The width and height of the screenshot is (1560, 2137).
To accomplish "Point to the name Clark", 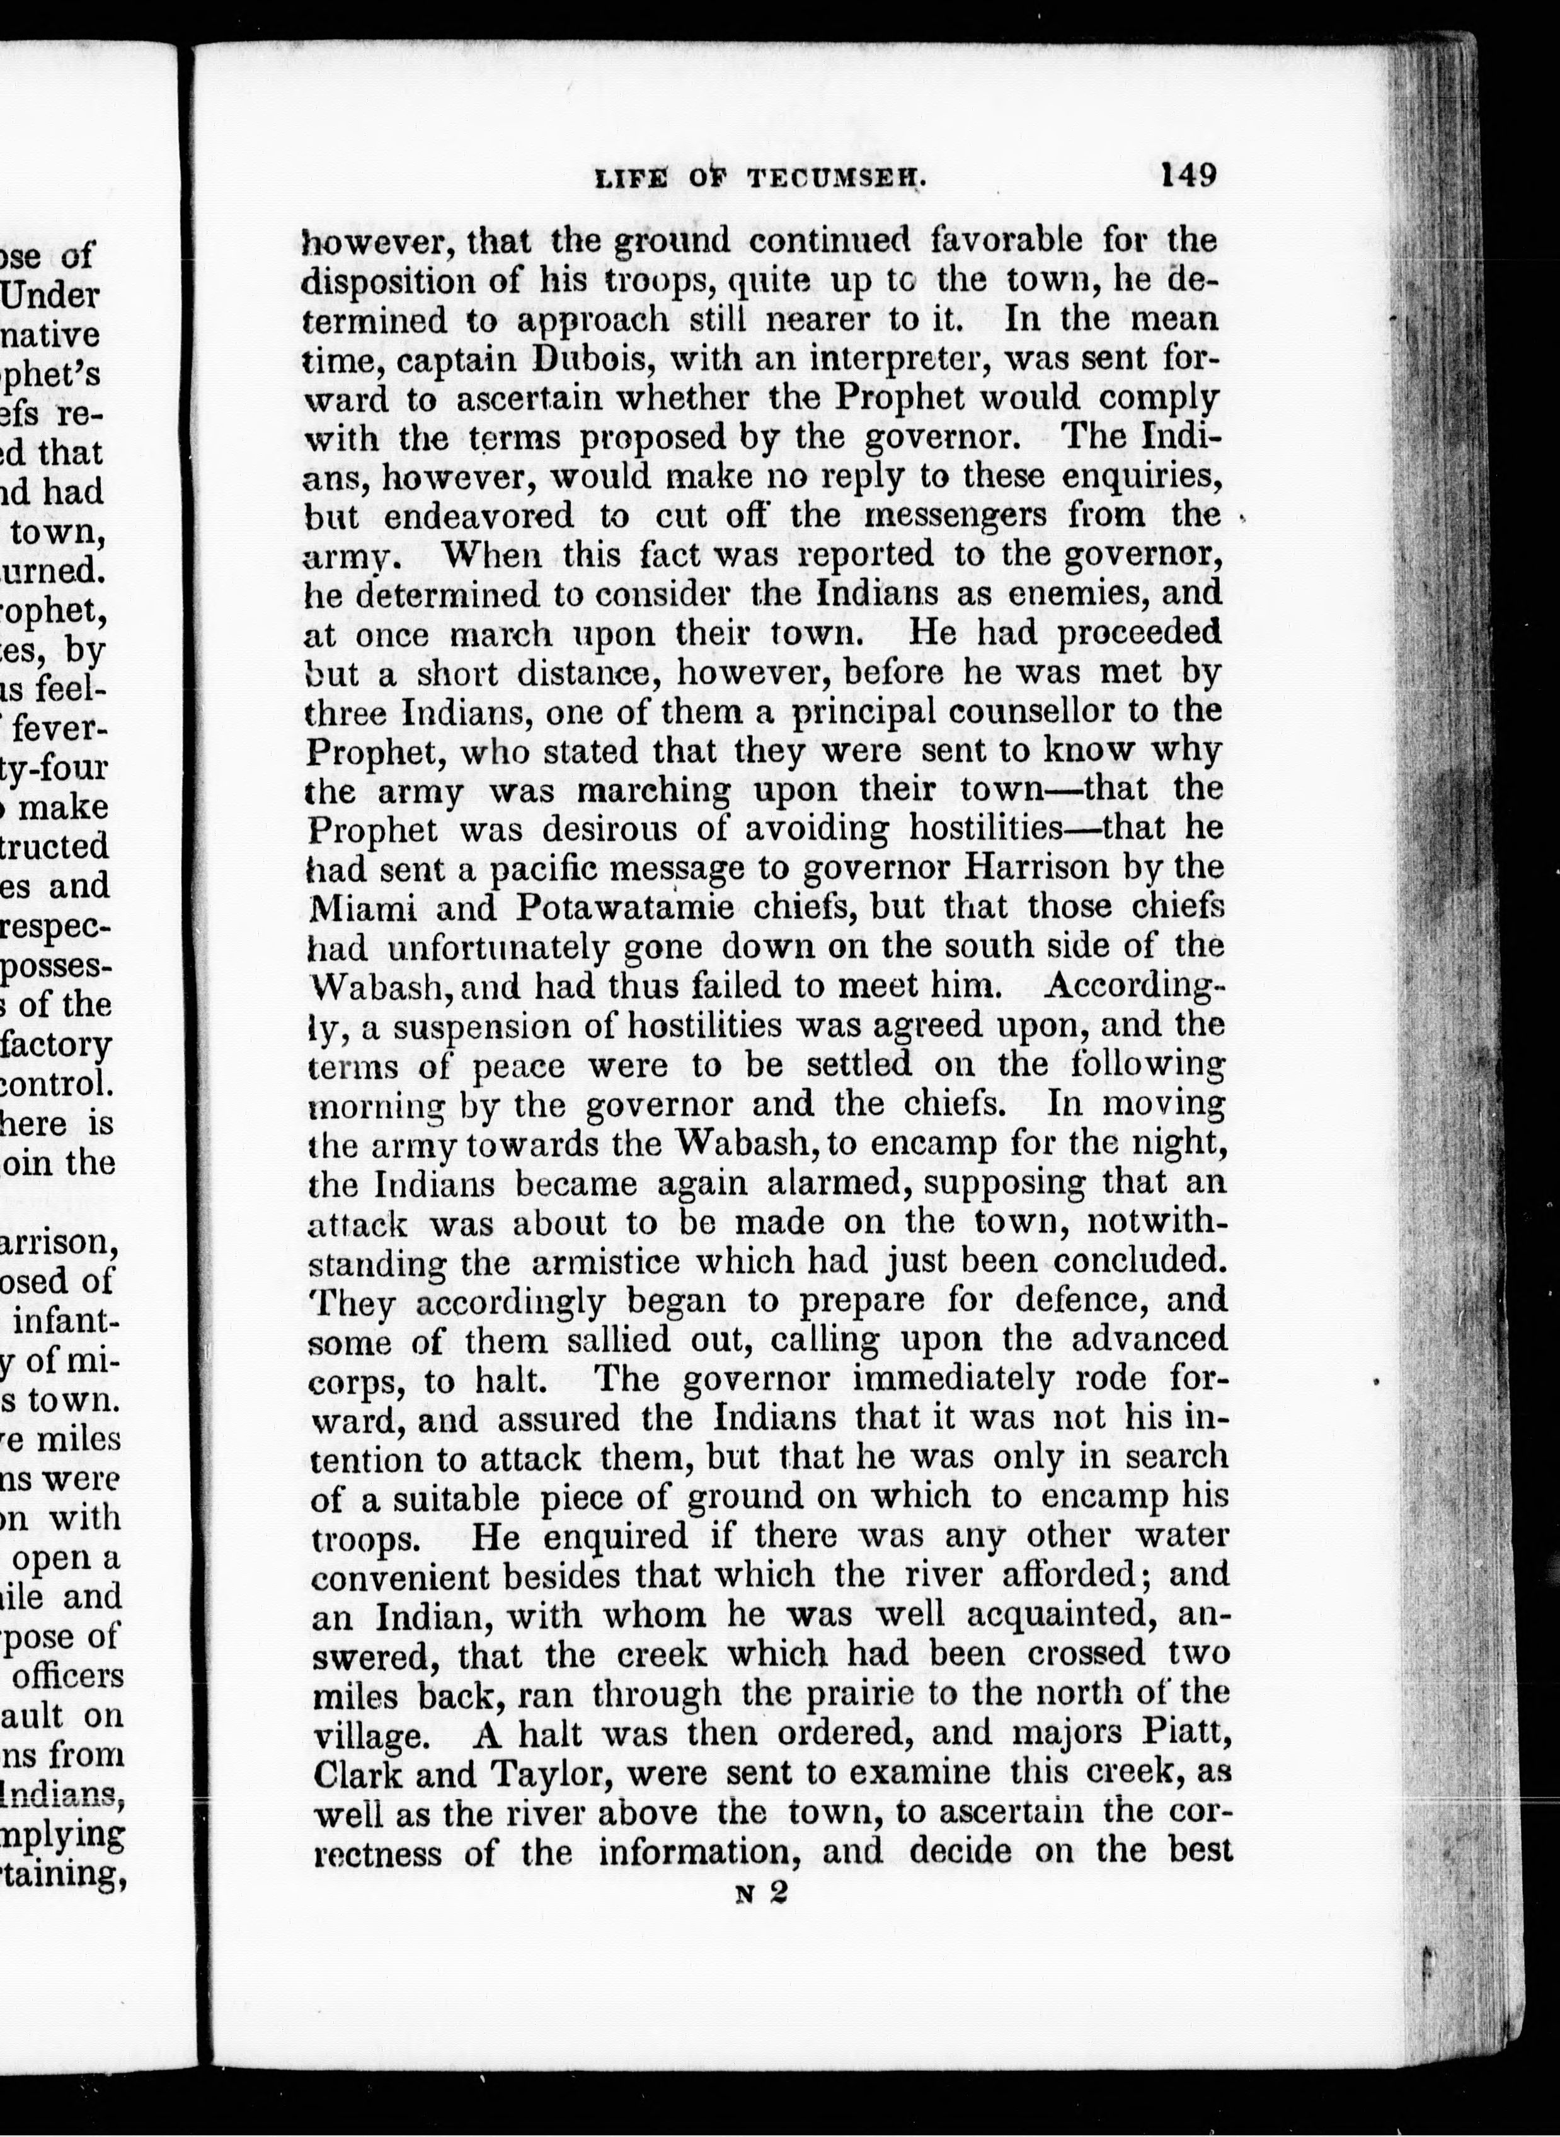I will coord(354,1773).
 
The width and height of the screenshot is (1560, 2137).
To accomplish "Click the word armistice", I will coord(604,1262).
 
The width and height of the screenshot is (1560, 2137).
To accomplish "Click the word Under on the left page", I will coord(51,295).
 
